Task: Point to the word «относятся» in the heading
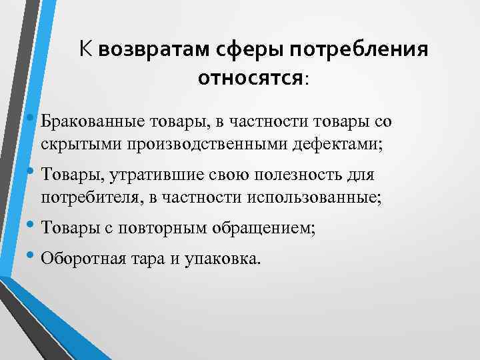(251, 79)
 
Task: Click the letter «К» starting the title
(85, 49)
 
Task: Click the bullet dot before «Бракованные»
(33, 120)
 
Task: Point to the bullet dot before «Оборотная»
(33, 257)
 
